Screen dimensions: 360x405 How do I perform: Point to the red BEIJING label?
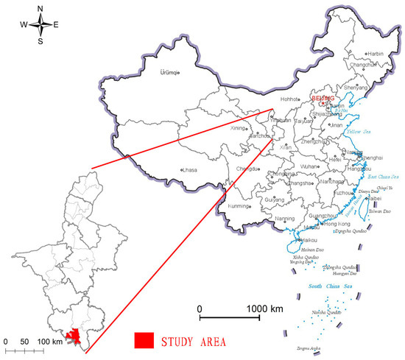pos(323,98)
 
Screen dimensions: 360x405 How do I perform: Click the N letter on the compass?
pos(40,9)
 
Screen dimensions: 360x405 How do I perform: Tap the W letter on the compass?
pos(24,25)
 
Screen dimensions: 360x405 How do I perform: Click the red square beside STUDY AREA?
pos(144,340)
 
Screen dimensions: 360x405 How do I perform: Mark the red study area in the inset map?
pos(72,336)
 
